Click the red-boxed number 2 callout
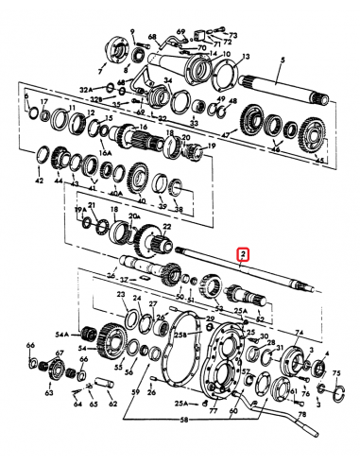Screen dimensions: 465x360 [243, 254]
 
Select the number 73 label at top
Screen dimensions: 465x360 [234, 35]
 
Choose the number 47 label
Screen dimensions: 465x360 [225, 135]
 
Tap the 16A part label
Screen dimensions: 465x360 [107, 149]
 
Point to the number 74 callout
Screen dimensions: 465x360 [300, 332]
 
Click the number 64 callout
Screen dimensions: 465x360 [77, 407]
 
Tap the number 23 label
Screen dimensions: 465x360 [121, 295]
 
